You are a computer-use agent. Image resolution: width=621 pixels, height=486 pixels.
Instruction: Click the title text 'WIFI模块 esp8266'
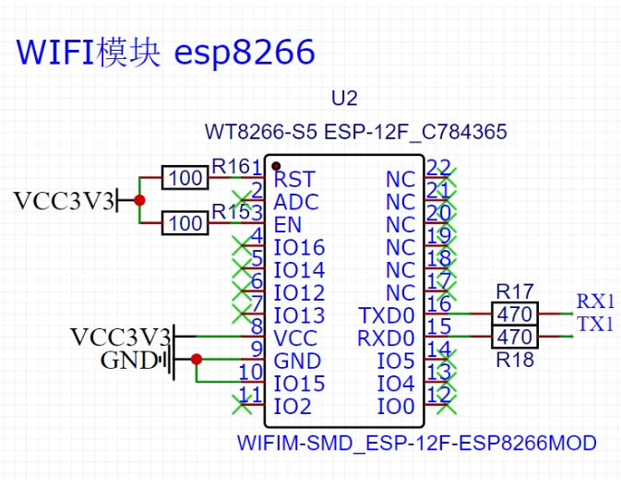click(x=166, y=52)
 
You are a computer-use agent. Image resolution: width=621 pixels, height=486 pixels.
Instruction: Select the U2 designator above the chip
click(x=343, y=99)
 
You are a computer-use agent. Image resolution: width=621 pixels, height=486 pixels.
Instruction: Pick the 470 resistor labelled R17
click(x=514, y=314)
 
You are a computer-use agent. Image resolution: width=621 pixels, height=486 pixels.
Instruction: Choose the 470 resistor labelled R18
click(x=514, y=338)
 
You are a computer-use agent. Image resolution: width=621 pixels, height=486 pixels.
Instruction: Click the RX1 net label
click(x=595, y=301)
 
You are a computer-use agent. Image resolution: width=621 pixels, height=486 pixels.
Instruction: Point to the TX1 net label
click(x=595, y=324)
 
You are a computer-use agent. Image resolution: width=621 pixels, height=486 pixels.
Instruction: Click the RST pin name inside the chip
click(x=294, y=179)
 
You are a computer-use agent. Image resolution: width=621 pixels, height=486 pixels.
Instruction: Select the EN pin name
click(x=288, y=224)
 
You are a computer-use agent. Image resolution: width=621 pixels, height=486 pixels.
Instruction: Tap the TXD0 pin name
click(x=387, y=315)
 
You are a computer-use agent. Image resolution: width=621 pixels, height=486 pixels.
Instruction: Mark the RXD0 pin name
click(x=387, y=338)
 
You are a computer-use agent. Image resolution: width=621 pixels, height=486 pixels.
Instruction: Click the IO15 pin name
click(x=299, y=384)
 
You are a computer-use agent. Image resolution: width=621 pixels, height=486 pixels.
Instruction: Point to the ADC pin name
click(x=295, y=202)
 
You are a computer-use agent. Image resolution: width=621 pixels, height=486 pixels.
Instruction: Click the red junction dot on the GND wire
click(x=196, y=360)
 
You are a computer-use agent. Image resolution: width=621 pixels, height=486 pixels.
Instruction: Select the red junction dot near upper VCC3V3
click(x=139, y=200)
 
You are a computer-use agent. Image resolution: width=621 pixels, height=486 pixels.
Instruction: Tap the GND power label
click(x=129, y=361)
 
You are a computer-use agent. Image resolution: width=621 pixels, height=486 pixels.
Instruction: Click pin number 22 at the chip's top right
click(x=439, y=168)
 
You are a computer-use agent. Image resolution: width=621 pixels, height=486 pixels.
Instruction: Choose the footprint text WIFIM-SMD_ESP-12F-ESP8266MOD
click(x=416, y=444)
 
